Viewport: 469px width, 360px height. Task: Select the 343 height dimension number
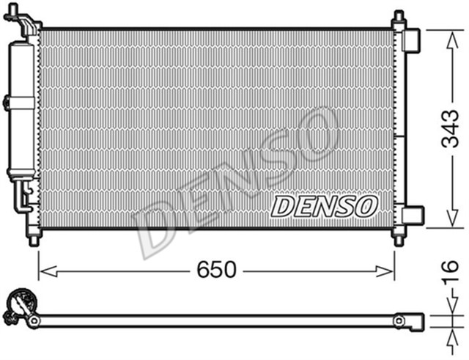[x=449, y=130]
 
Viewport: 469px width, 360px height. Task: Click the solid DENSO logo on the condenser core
[x=323, y=206]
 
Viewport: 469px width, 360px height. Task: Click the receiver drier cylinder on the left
[x=21, y=110]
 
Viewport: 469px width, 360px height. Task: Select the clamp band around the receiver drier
[x=21, y=102]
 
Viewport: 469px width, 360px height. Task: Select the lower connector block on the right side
[x=413, y=216]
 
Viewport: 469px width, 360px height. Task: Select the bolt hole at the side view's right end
[x=399, y=320]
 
